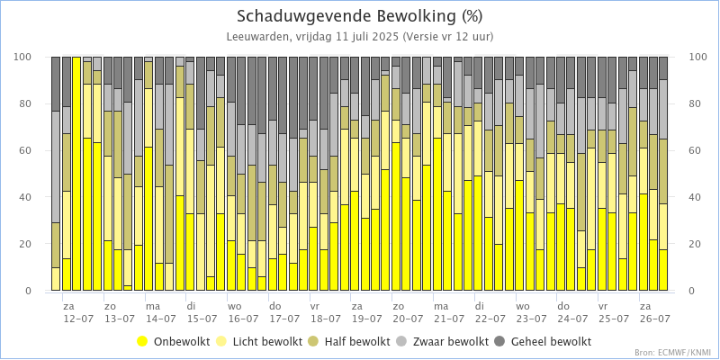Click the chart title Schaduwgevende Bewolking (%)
coord(360,16)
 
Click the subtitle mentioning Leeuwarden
coord(360,37)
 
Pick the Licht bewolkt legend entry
coord(262,342)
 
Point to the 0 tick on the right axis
coord(691,291)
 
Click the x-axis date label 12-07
coord(78,319)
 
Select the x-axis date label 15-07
coord(202,319)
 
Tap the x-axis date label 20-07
coord(408,319)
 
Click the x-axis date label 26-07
coord(654,319)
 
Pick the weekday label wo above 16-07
coord(234,306)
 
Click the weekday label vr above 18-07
coord(316,306)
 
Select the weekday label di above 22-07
coord(481,306)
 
